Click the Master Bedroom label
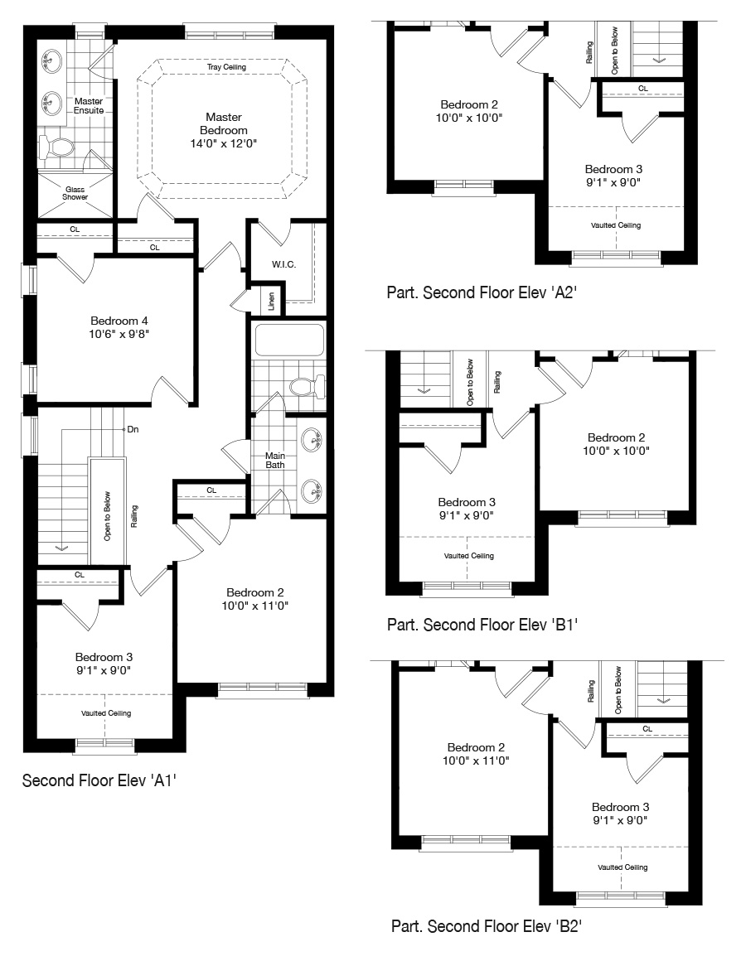click(x=224, y=123)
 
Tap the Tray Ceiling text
click(x=226, y=67)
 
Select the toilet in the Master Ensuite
click(x=56, y=147)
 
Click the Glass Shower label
click(x=75, y=193)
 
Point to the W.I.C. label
click(x=283, y=264)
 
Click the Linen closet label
click(x=271, y=301)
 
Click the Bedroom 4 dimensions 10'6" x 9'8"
click(x=119, y=334)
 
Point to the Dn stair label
click(x=133, y=429)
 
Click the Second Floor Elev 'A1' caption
click(x=99, y=780)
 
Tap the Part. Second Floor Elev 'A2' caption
click(x=482, y=292)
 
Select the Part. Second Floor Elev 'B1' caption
click(x=482, y=625)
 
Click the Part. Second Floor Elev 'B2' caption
click(x=486, y=926)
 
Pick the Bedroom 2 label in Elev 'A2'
click(x=469, y=104)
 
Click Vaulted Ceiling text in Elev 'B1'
click(x=469, y=556)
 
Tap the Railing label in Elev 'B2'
click(x=591, y=691)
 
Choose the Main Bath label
click(x=275, y=461)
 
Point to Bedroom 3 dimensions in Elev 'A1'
click(x=104, y=670)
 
